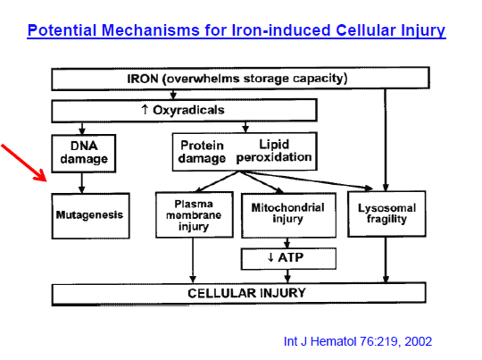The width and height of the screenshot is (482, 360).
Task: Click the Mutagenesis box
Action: click(91, 215)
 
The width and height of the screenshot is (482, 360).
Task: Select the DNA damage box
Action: click(84, 153)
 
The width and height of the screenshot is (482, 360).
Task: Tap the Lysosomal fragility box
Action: click(386, 213)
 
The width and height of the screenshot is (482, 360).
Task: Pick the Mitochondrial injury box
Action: click(288, 215)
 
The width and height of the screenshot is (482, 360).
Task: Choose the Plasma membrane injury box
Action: click(195, 214)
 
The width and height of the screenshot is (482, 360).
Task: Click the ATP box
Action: click(288, 259)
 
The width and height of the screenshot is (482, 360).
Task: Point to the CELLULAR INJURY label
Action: click(246, 293)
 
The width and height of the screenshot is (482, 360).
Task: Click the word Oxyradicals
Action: click(188, 110)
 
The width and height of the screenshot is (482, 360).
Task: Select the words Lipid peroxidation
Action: click(274, 151)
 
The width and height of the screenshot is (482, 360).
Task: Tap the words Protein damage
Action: click(202, 152)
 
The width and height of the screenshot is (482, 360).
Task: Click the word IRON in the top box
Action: click(143, 79)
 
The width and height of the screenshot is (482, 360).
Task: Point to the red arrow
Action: click(24, 163)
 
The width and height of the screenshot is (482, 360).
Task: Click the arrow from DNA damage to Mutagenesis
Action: click(82, 183)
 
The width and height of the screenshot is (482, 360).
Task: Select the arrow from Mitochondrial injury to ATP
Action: click(287, 243)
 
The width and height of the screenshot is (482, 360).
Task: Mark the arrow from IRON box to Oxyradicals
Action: click(173, 95)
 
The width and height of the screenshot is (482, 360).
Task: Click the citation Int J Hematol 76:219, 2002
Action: click(358, 341)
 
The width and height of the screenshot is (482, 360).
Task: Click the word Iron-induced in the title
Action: click(281, 30)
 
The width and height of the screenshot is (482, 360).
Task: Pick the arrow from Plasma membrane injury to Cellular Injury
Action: click(193, 260)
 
